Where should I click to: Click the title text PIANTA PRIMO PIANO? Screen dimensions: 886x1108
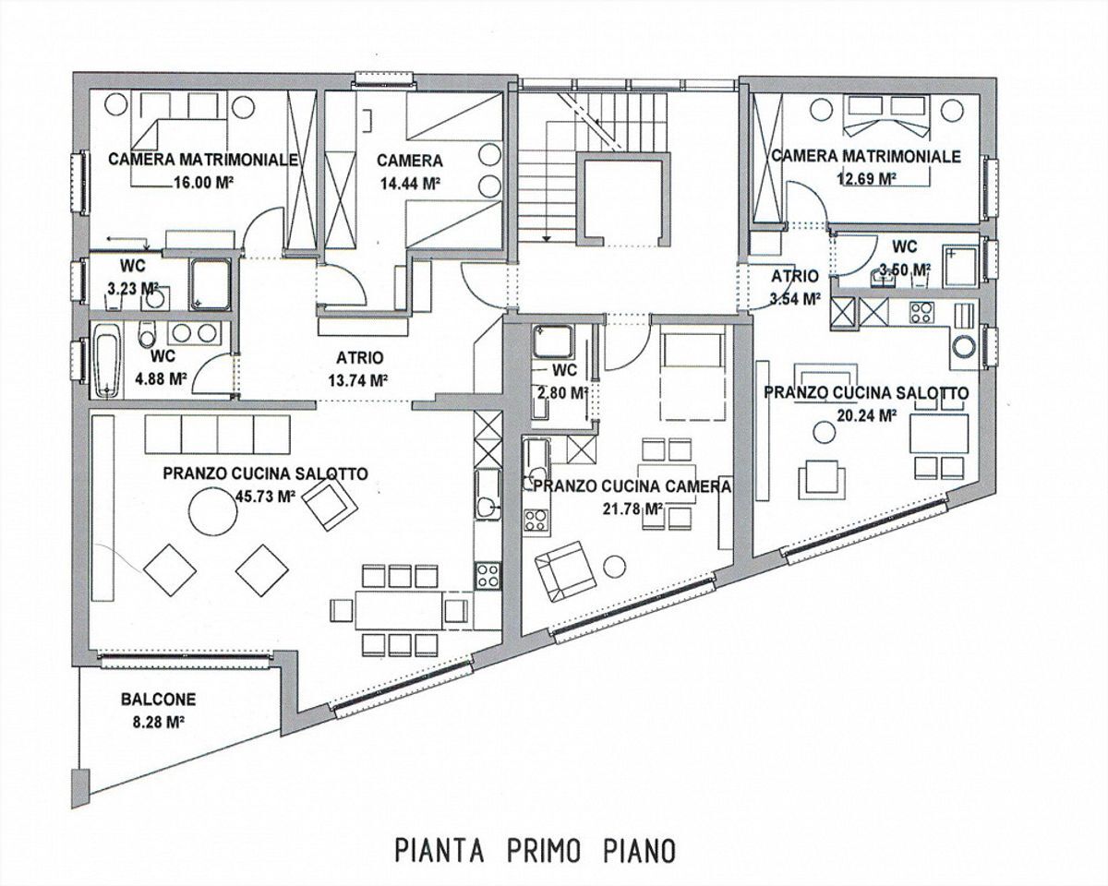click(535, 849)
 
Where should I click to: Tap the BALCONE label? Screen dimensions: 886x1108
click(158, 700)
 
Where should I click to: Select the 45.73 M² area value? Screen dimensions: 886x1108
click(265, 496)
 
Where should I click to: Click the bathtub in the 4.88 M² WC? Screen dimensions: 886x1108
click(107, 364)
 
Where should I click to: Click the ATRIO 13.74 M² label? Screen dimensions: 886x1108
click(357, 367)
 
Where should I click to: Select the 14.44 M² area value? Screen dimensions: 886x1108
click(409, 183)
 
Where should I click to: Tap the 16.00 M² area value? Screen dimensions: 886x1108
click(202, 183)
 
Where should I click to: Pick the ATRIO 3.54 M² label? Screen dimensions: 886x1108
click(794, 287)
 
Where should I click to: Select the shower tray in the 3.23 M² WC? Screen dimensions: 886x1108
click(212, 283)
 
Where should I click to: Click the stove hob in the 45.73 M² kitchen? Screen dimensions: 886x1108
click(487, 575)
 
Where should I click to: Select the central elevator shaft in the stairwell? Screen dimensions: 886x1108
click(620, 199)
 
